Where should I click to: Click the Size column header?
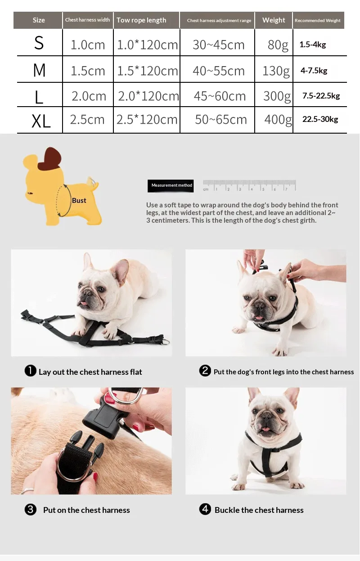[39, 20]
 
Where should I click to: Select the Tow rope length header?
[141, 20]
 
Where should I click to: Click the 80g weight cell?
[278, 45]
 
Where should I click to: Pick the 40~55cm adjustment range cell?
[219, 71]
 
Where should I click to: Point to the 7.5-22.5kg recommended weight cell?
[321, 96]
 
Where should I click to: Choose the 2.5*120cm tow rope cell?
[147, 120]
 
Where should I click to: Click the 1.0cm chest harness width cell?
[88, 45]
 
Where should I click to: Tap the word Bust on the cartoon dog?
[79, 201]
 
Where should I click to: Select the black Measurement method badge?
[171, 185]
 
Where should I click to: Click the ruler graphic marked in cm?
[249, 185]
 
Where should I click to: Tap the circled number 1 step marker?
[30, 371]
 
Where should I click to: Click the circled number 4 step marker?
[205, 509]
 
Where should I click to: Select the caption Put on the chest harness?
[86, 510]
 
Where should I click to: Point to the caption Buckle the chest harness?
[259, 510]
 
